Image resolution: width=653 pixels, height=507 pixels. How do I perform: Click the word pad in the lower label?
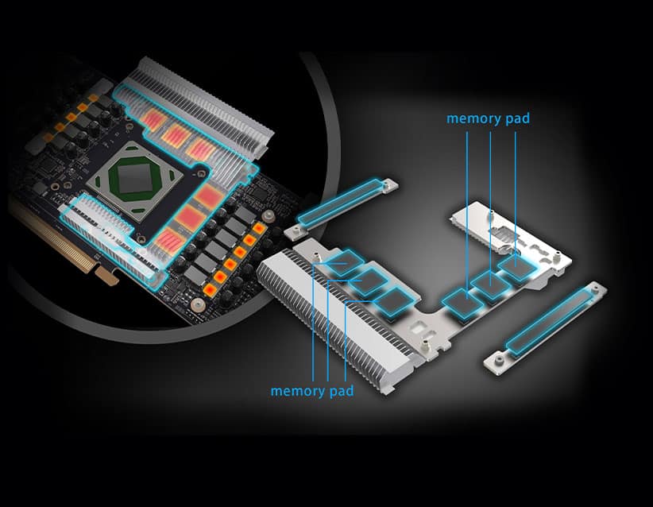342,391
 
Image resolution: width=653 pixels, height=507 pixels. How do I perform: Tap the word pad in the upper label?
517,118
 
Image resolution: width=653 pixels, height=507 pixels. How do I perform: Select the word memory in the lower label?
297,391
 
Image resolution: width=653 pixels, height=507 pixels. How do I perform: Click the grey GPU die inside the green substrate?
135,178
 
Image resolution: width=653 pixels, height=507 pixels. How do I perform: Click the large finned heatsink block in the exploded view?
333,316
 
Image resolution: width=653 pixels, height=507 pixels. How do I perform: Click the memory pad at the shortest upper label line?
516,265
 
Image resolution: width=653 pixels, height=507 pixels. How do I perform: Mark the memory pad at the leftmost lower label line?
345,261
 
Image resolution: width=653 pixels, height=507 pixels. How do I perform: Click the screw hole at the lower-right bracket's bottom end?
497,358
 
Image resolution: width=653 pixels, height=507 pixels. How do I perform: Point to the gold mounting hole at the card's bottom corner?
198,305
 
